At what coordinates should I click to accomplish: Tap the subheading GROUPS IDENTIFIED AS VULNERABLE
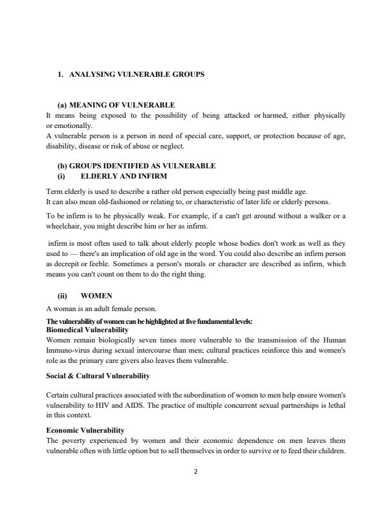(136, 166)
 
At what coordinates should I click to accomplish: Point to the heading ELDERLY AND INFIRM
(124, 175)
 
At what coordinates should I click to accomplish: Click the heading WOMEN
(97, 296)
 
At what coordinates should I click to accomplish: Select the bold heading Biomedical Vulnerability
(88, 329)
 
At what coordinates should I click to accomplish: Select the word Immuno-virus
(69, 351)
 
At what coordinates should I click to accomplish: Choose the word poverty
(74, 440)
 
